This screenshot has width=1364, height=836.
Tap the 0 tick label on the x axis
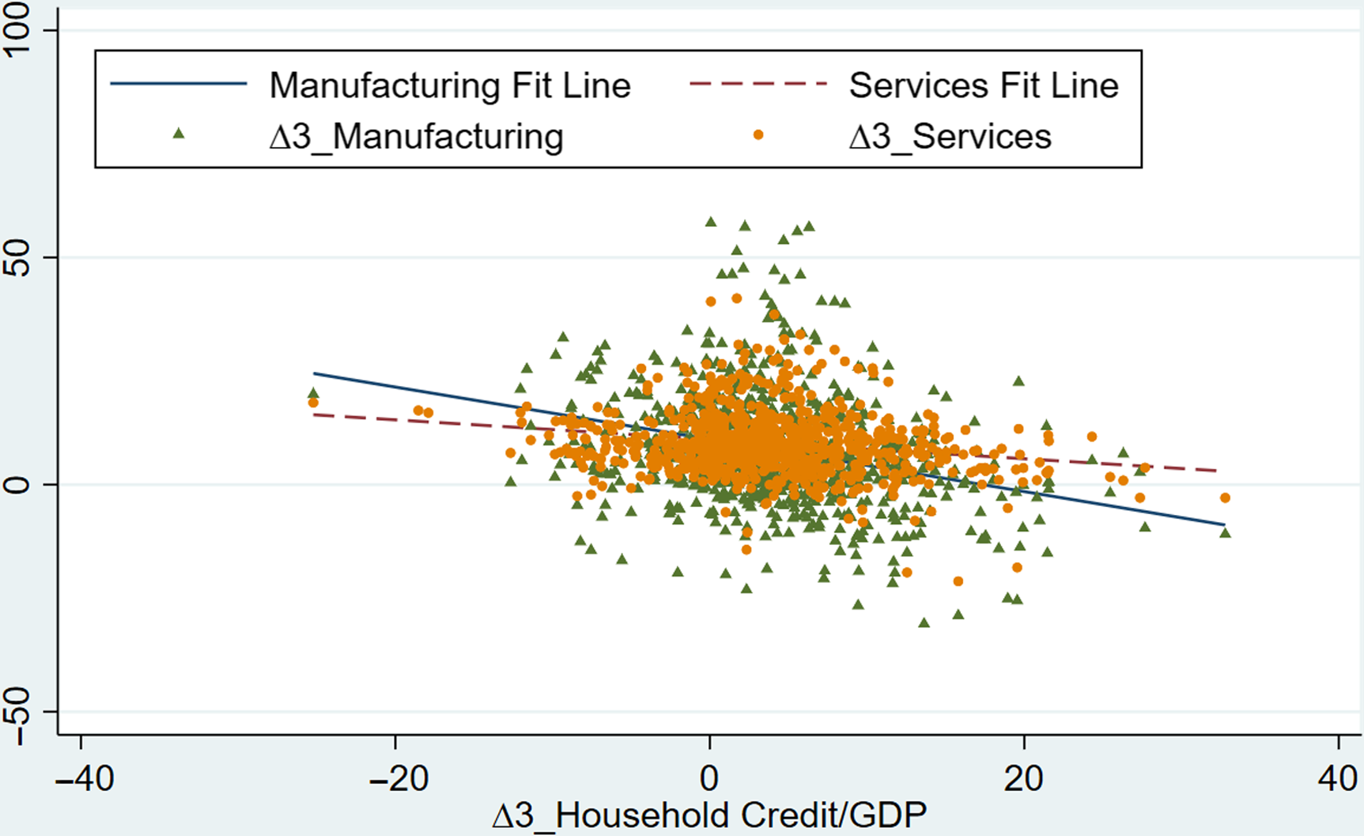pyautogui.click(x=709, y=779)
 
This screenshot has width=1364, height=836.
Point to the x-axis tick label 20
pyautogui.click(x=1023, y=779)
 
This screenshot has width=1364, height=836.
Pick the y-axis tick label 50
pyautogui.click(x=17, y=258)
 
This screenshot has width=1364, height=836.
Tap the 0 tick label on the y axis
pyautogui.click(x=17, y=484)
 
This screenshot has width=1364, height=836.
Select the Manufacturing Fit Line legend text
pyautogui.click(x=450, y=85)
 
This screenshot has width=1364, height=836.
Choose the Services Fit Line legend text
pyautogui.click(x=984, y=85)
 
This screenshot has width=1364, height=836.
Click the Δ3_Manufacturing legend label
pyautogui.click(x=416, y=136)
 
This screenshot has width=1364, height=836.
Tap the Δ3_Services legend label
pyautogui.click(x=950, y=136)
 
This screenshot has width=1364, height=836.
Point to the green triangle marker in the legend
pyautogui.click(x=179, y=134)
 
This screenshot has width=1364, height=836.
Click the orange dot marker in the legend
pyautogui.click(x=758, y=135)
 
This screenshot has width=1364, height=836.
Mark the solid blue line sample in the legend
pyautogui.click(x=179, y=84)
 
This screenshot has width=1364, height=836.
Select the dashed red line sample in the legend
pyautogui.click(x=758, y=84)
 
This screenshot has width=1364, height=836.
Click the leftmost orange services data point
pyautogui.click(x=313, y=403)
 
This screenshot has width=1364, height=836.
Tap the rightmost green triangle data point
pyautogui.click(x=1225, y=533)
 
